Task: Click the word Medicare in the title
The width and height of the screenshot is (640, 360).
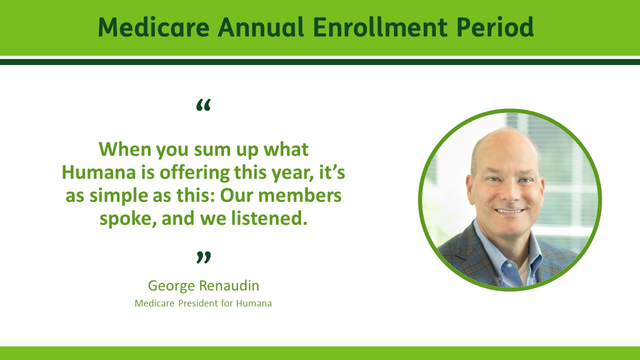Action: tap(153, 27)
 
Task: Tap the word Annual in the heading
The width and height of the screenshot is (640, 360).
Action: tap(260, 27)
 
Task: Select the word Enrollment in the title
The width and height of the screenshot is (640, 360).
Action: tap(380, 27)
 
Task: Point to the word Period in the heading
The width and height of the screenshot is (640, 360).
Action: tap(495, 27)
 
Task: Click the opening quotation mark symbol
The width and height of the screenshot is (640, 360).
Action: tap(203, 105)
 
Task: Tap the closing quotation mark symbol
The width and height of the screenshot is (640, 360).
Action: tap(203, 257)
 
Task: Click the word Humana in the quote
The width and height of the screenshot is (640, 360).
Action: tap(99, 172)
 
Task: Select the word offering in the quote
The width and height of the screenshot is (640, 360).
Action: tap(194, 173)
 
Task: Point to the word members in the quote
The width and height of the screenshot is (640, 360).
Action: tap(300, 195)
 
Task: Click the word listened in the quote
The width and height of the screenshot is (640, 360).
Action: tap(269, 218)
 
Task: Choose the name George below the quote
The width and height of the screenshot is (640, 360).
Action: tap(171, 286)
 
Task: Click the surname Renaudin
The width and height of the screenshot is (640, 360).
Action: tap(229, 285)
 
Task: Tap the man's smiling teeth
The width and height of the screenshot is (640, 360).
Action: tap(509, 211)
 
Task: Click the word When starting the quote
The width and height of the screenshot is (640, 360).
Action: tap(125, 149)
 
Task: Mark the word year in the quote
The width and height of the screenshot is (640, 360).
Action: tap(291, 173)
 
